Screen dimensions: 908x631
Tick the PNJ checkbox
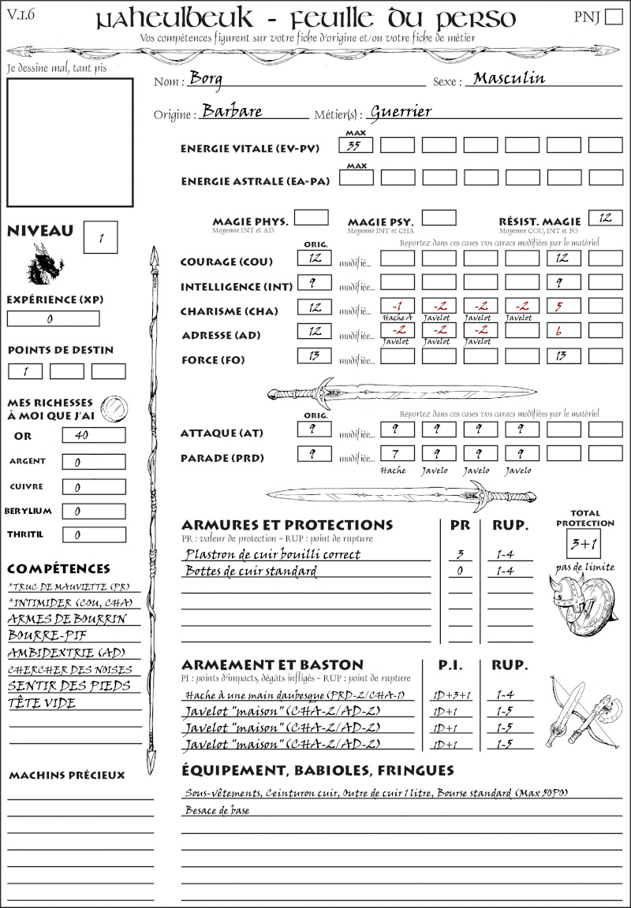(613, 17)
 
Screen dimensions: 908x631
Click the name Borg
(207, 79)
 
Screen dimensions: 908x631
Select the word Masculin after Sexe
(509, 78)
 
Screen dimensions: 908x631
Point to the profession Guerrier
(401, 112)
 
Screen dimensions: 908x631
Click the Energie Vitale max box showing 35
(356, 145)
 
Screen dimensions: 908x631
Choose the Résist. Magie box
(605, 218)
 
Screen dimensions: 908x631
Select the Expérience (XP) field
(54, 319)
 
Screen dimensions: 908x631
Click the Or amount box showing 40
(93, 435)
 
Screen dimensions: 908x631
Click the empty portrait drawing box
(70, 142)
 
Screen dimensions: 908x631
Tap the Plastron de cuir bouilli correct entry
(271, 554)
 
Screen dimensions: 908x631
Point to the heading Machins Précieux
(66, 776)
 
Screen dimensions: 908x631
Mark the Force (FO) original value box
(314, 356)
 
